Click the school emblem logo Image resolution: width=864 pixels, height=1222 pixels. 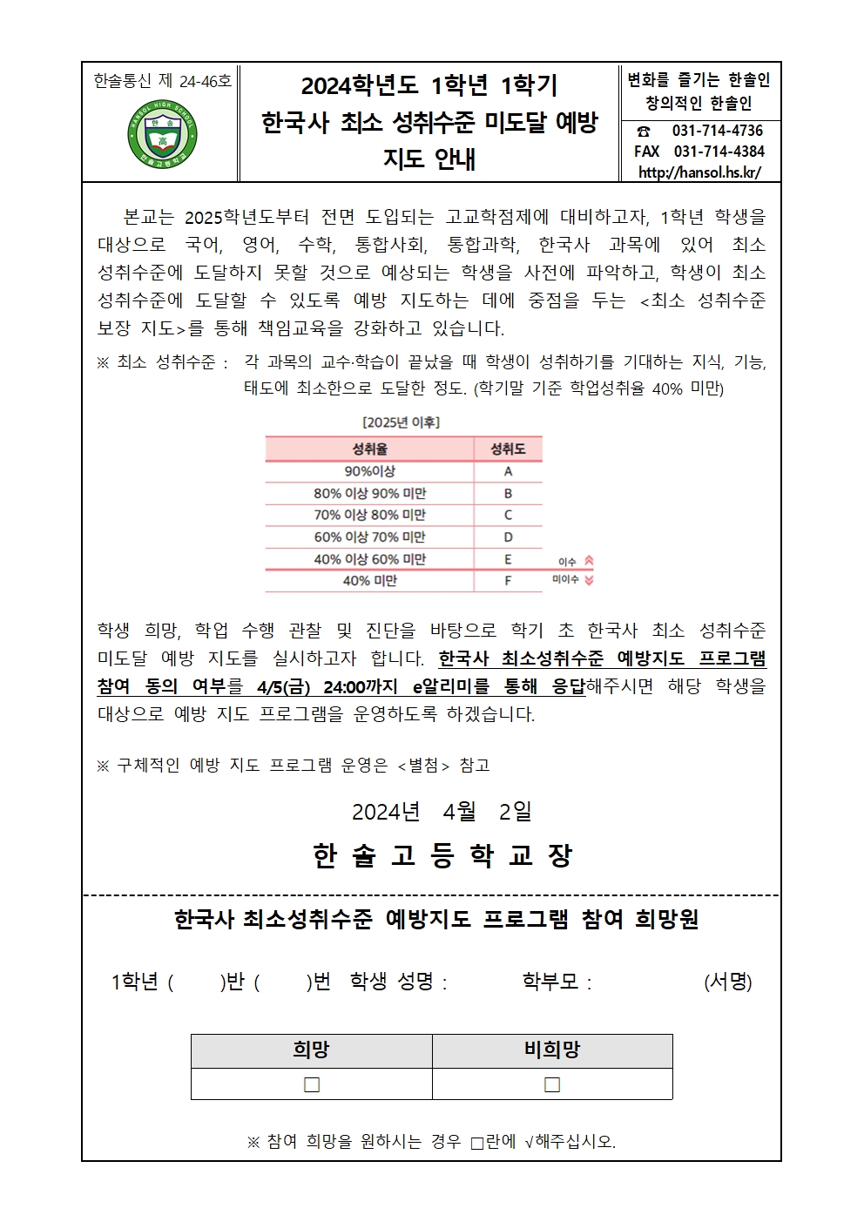coord(162,136)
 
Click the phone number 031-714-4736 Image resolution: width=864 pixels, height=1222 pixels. coord(717,131)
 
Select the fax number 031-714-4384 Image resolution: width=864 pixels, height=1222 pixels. coord(719,151)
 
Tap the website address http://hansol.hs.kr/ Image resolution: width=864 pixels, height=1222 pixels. coord(699,172)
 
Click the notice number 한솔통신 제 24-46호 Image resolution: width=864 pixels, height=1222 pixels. coord(162,81)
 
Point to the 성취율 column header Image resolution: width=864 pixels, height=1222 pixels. coord(369,449)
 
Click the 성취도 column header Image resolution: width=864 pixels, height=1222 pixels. coord(508,449)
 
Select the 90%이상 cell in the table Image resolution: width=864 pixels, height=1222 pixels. coord(369,471)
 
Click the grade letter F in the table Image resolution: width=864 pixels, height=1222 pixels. coord(508,581)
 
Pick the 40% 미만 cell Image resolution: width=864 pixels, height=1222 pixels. coord(369,581)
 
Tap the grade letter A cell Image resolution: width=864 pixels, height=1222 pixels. coord(508,471)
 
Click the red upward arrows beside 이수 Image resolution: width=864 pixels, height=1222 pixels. coord(589,561)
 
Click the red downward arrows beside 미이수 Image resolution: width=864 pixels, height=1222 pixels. coord(589,580)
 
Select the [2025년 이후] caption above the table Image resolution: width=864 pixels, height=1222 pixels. coord(401,422)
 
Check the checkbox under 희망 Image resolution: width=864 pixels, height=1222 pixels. coord(312,1084)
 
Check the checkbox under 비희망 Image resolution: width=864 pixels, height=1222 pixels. coord(552,1084)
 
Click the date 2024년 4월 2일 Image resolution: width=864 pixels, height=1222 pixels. coord(442,812)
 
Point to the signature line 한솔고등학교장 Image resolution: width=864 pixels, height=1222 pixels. coord(442,856)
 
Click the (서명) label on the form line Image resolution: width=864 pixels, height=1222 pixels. coord(727,982)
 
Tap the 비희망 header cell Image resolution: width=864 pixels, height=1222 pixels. coord(552,1050)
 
